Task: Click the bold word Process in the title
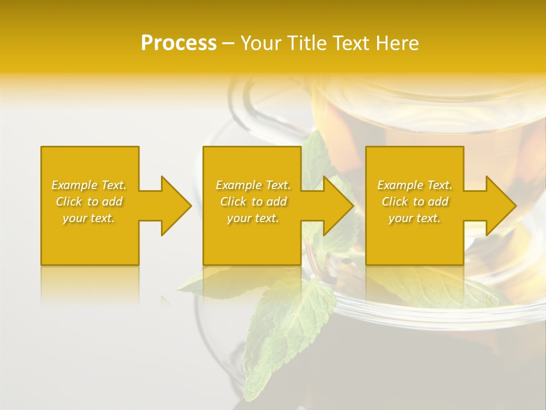(x=179, y=43)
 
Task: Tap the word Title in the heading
(x=306, y=43)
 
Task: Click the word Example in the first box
(x=75, y=185)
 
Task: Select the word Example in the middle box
(x=238, y=185)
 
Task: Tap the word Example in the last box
(x=400, y=185)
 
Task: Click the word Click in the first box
(x=69, y=202)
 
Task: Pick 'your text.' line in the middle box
(x=253, y=218)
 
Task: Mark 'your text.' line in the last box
(x=414, y=218)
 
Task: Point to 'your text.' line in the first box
(x=89, y=218)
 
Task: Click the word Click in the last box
(x=395, y=202)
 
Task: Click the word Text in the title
(x=350, y=43)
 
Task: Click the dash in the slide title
(x=228, y=44)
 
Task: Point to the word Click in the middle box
(x=233, y=202)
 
